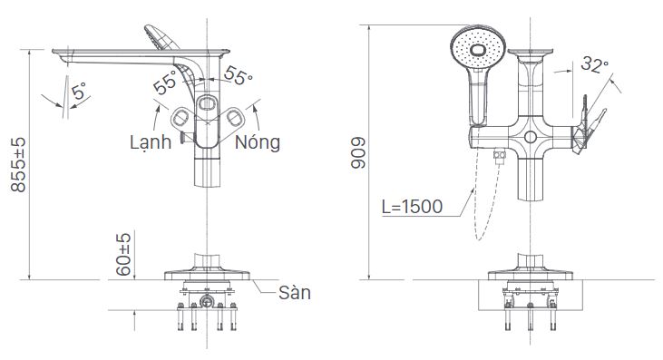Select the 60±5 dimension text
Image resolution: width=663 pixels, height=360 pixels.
[x=124, y=255]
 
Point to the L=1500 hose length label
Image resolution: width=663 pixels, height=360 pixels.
[x=412, y=207]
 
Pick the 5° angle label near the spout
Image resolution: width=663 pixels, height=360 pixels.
[x=79, y=92]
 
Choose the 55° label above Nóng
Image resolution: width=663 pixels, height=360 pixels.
[x=239, y=77]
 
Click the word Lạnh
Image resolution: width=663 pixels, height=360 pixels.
[x=150, y=142]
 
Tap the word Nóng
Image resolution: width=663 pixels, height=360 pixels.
[x=258, y=142]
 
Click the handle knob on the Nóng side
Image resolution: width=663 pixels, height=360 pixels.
[x=238, y=117]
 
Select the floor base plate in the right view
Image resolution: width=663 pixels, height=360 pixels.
[x=529, y=273]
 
